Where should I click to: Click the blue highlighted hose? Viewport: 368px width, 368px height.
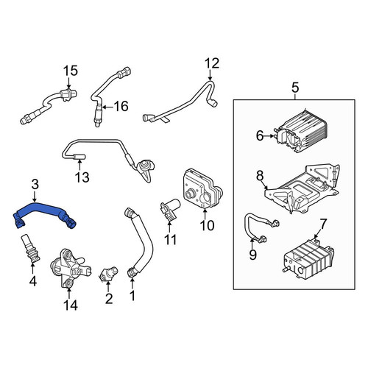[x=44, y=210]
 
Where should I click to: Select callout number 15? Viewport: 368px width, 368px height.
[x=71, y=71]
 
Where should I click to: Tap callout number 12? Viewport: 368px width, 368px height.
[x=212, y=63]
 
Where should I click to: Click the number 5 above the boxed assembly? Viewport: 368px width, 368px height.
[x=295, y=88]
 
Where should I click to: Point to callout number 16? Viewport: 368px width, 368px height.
[x=121, y=107]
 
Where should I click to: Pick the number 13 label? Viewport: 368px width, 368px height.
[x=82, y=177]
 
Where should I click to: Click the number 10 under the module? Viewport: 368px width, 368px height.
[x=207, y=225]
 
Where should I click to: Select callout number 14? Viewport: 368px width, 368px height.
[x=71, y=305]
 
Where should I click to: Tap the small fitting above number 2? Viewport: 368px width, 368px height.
[x=108, y=273]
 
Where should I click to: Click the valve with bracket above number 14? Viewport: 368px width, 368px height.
[x=70, y=267]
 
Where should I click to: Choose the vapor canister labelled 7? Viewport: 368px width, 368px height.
[x=308, y=261]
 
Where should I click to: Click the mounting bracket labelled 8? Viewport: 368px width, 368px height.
[x=302, y=190]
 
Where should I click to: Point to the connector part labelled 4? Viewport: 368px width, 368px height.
[x=29, y=248]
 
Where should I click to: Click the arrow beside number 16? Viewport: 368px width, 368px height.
[x=107, y=107]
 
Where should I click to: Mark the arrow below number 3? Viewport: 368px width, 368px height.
[x=35, y=197]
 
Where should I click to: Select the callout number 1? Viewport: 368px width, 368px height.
[x=132, y=296]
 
